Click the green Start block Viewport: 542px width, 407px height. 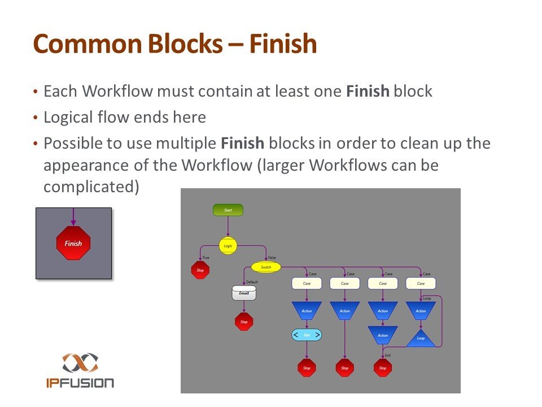coord(228,210)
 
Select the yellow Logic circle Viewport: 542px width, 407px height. coord(228,246)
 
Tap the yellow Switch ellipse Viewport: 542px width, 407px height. coord(266,267)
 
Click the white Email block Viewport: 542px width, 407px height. coord(244,293)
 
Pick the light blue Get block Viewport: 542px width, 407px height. coord(307,335)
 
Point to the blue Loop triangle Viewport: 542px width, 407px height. coord(421,339)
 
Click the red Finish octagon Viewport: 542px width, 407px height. coord(73,244)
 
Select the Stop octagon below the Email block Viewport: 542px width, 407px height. coord(244,322)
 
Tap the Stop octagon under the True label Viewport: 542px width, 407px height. coord(200,270)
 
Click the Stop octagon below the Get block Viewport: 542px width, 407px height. coord(307,368)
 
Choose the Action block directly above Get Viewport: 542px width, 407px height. coord(307,310)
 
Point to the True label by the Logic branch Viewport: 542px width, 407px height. coord(206,258)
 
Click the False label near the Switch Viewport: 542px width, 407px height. coord(272,258)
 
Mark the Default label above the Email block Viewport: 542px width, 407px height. coord(252,282)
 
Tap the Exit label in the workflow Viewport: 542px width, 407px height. coord(388,356)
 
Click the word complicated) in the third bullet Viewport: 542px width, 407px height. coord(91,187)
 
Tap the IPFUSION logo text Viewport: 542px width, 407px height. coord(80,383)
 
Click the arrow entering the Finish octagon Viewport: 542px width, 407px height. coord(73,218)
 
